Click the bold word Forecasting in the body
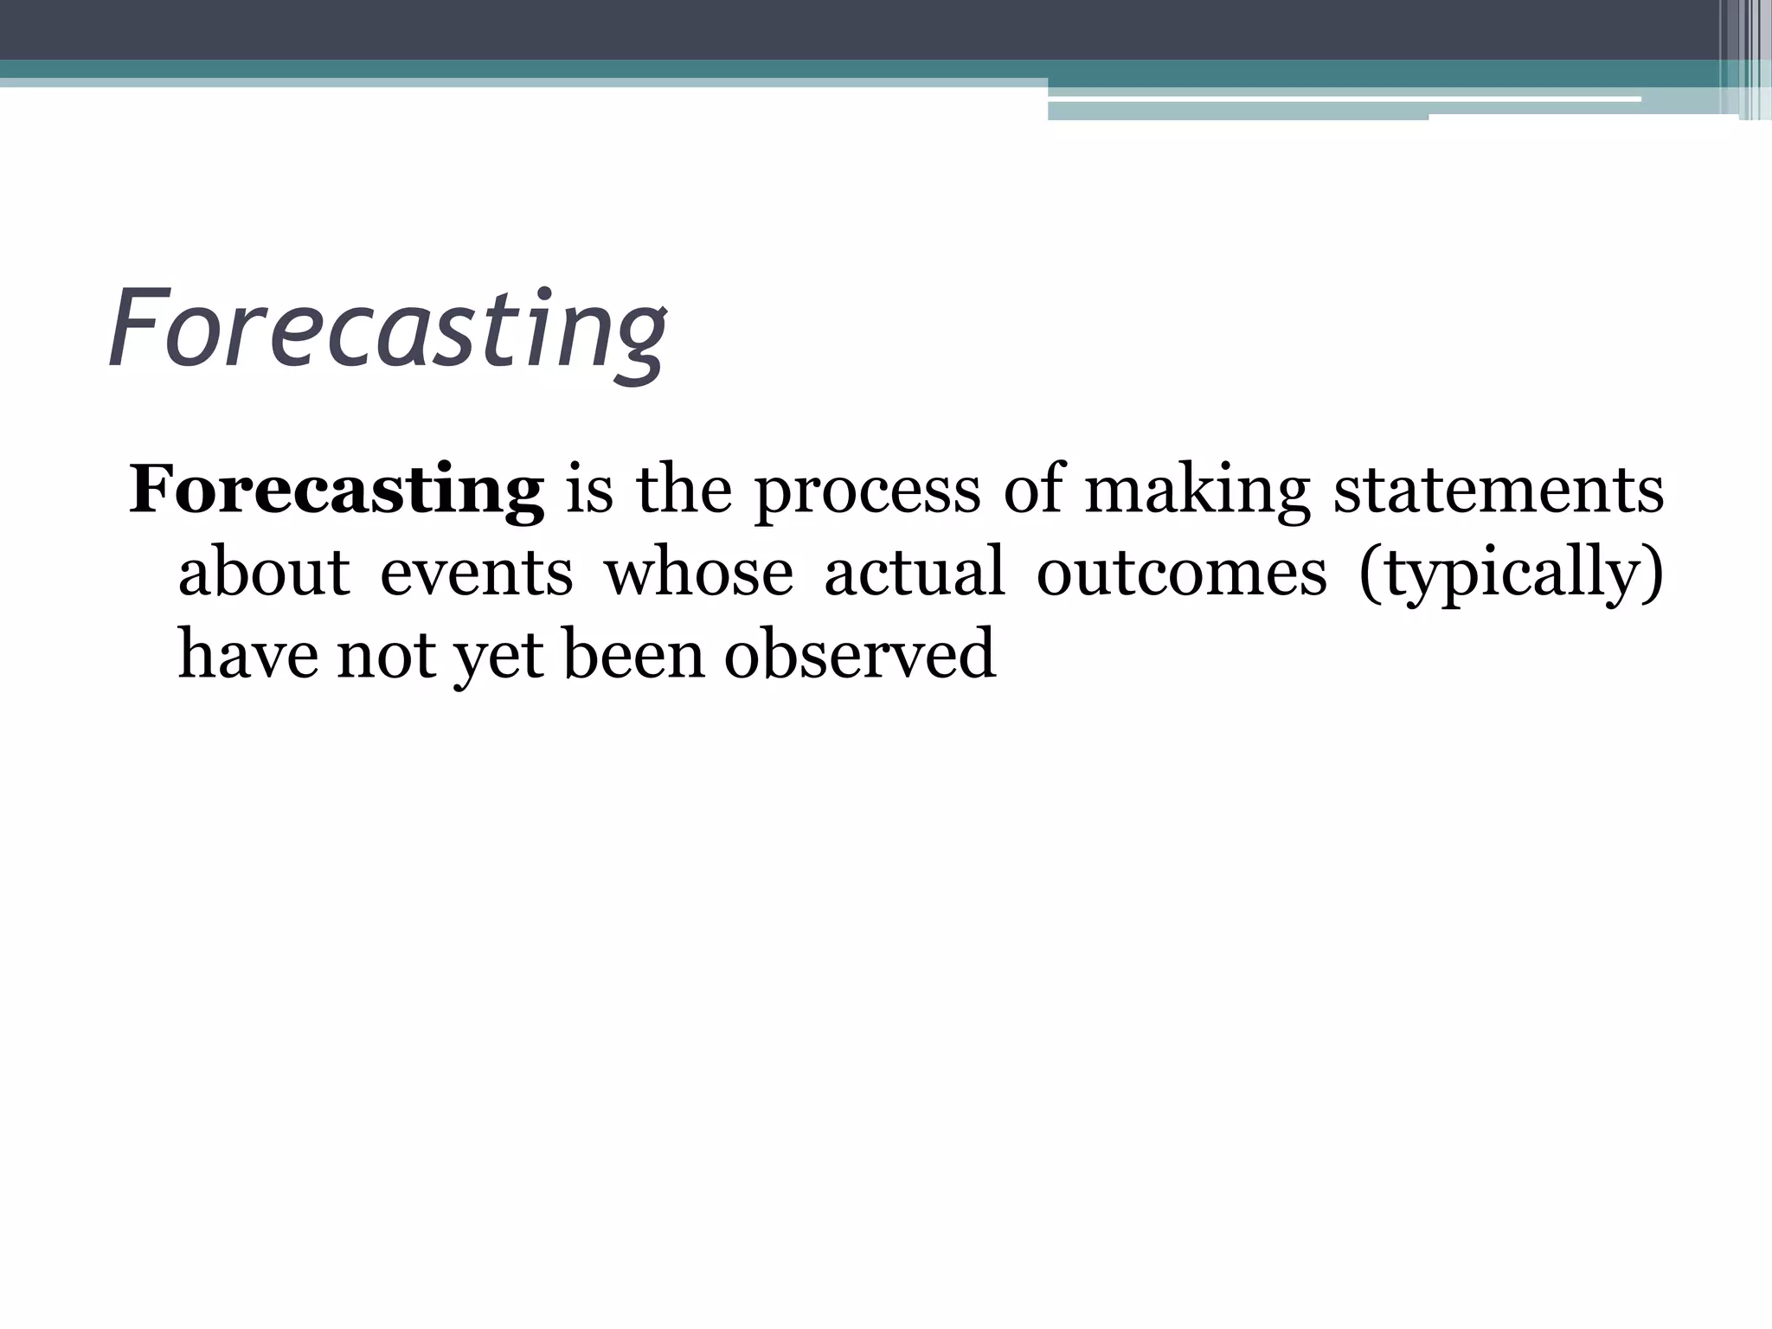point(337,491)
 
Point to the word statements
point(1498,491)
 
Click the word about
point(264,572)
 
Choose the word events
point(477,572)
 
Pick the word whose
point(698,572)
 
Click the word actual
point(915,572)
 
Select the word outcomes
point(1181,572)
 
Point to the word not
point(386,655)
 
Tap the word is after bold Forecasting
point(589,491)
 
